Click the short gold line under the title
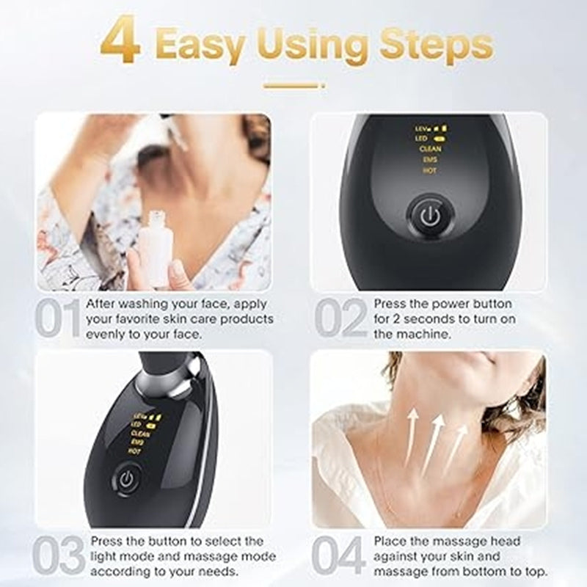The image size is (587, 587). (293, 86)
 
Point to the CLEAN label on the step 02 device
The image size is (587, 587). (430, 148)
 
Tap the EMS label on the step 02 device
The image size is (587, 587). (430, 159)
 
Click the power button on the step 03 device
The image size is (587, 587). (125, 481)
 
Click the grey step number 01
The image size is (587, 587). (58, 318)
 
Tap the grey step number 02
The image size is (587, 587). (340, 318)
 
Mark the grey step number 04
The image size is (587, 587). (340, 556)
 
